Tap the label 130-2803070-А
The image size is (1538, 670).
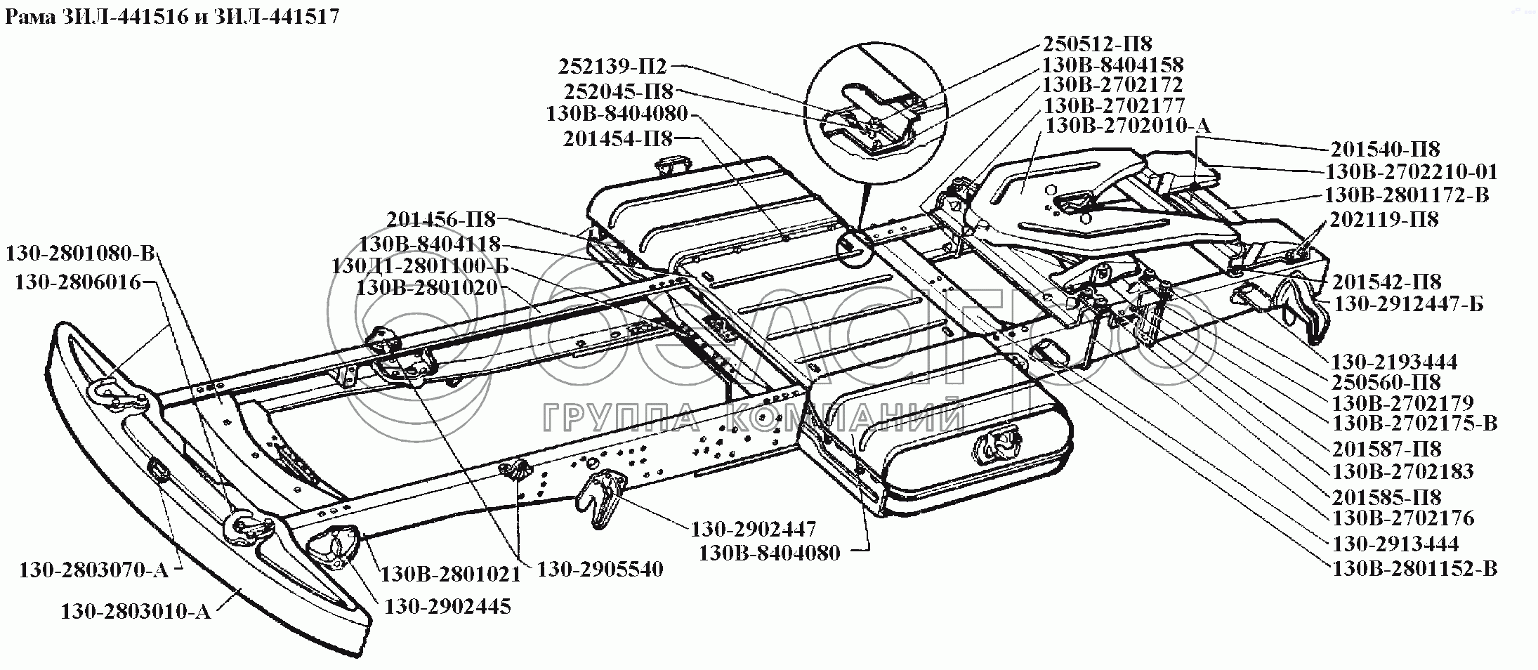(93, 570)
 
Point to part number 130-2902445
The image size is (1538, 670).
(447, 606)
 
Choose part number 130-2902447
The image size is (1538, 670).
(754, 528)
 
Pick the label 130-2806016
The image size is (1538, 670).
(77, 282)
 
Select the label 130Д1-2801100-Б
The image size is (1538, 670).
(420, 267)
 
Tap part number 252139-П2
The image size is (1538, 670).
(612, 66)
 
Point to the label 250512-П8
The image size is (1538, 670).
(1097, 44)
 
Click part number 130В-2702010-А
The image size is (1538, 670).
(1128, 126)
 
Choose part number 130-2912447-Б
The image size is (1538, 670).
(1408, 304)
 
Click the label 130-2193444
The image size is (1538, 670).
(1394, 362)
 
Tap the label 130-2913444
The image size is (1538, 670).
(1395, 543)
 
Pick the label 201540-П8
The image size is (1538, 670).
(1385, 149)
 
